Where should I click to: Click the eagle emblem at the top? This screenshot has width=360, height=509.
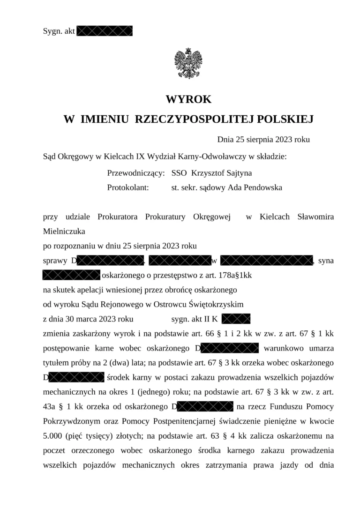tap(188, 63)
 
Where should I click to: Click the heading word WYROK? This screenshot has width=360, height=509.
tap(188, 100)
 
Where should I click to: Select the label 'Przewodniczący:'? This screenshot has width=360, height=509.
tap(136, 173)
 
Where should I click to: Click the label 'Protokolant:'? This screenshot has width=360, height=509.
tap(128, 187)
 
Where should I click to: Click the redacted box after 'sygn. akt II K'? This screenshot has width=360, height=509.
tap(236, 319)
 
